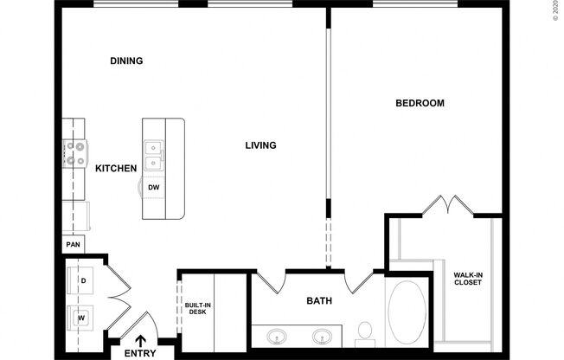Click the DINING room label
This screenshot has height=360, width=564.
pos(126,61)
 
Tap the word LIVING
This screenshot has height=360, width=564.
pos(260,145)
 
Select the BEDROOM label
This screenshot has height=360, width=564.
pos(420,103)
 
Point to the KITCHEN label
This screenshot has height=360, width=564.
pos(116,169)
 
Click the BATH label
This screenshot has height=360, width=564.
pos(319,302)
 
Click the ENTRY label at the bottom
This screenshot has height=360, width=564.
pos(140,353)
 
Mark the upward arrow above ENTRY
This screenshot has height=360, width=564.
pos(140,340)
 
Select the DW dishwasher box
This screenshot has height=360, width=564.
pos(153,187)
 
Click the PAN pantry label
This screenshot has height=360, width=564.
pos(73,246)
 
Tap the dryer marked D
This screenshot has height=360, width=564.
pos(83,281)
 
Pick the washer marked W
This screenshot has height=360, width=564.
pos(83,318)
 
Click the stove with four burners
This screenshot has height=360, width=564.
pos(74,154)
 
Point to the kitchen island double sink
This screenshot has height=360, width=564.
pos(154,154)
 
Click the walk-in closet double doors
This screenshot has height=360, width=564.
pos(446,205)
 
